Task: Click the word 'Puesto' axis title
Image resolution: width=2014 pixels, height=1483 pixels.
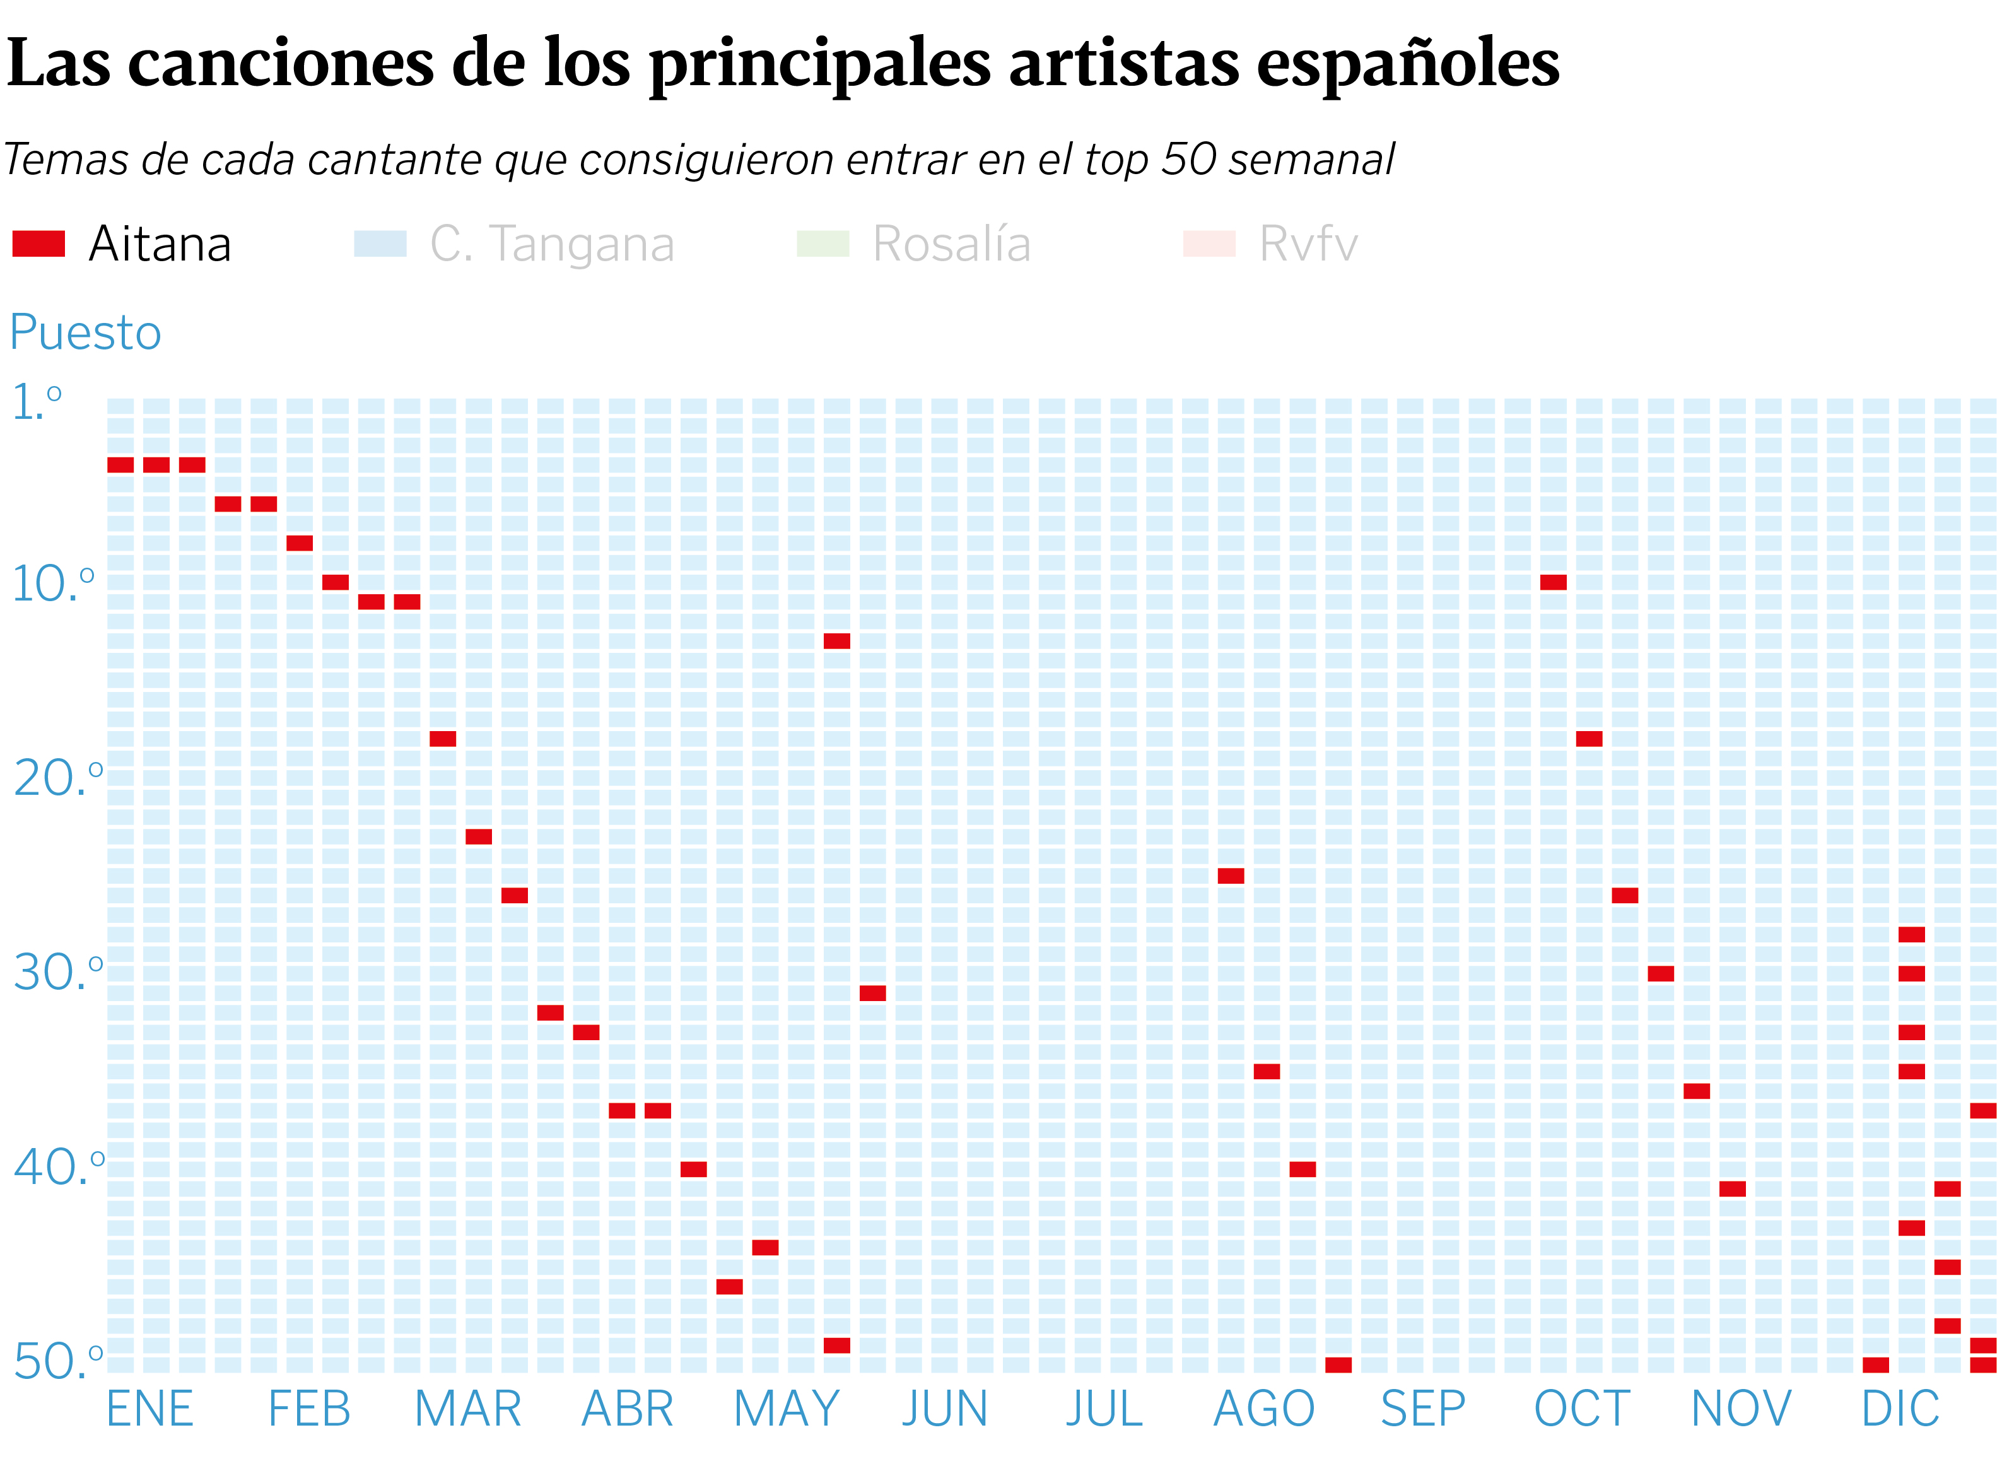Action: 85,333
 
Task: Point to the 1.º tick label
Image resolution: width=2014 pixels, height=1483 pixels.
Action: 36,402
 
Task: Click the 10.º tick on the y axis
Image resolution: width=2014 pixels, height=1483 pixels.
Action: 52,584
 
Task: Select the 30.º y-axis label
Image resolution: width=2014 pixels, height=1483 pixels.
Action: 57,972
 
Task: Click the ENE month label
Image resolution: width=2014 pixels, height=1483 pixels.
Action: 150,1409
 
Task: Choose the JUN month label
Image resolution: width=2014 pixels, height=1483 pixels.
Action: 944,1409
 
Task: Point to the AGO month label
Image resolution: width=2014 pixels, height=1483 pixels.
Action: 1263,1409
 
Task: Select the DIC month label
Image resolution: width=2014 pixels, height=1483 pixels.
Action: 1900,1409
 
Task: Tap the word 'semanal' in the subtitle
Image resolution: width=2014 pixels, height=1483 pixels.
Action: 1311,160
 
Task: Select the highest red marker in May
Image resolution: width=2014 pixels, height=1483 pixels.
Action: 836,641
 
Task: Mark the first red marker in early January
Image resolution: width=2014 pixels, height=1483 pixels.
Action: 120,465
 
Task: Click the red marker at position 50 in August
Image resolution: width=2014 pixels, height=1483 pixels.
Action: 1338,1364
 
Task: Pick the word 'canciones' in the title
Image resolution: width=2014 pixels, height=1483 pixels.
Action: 281,64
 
